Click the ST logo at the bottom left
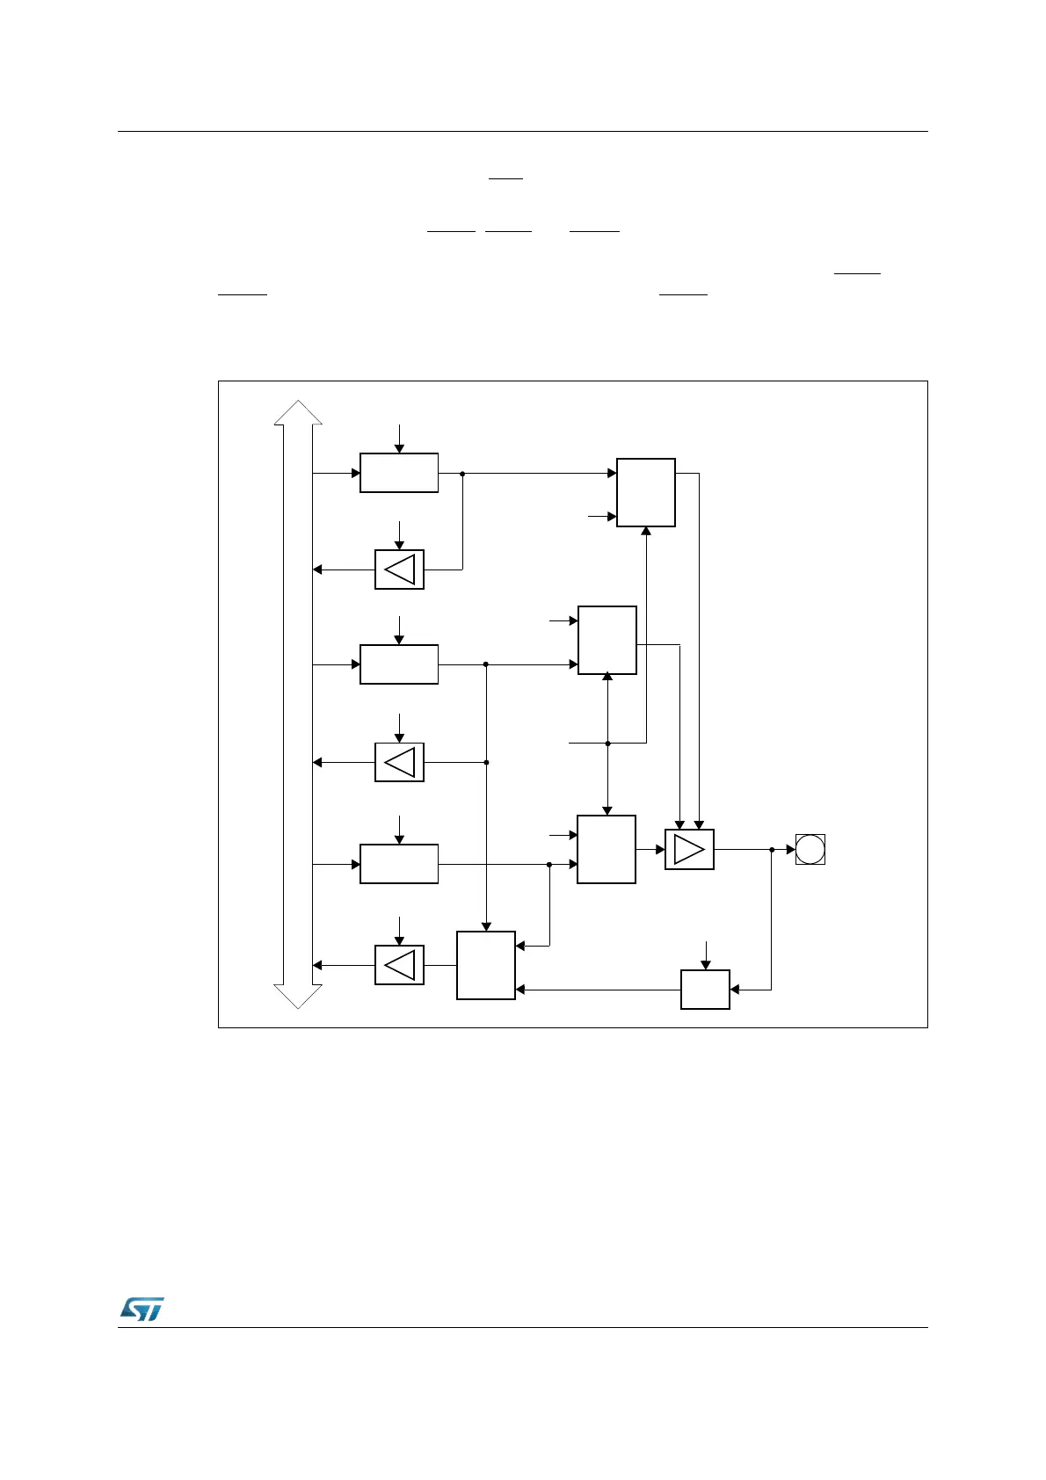(x=142, y=1309)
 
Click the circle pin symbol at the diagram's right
(x=810, y=850)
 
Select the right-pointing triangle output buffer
(x=689, y=850)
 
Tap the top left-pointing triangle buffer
(x=399, y=570)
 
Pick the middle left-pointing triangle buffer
(x=399, y=762)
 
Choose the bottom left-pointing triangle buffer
(x=399, y=965)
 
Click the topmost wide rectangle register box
(x=399, y=473)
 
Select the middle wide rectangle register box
(x=399, y=664)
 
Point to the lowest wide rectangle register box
(x=399, y=864)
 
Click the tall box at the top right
(x=646, y=492)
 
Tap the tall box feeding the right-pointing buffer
(x=607, y=849)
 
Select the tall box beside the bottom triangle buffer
(x=486, y=965)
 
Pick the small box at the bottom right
(x=705, y=990)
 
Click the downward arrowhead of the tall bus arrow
(x=298, y=997)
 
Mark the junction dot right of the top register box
(x=462, y=473)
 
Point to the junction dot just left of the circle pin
(x=771, y=850)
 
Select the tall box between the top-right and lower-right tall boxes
(x=607, y=640)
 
